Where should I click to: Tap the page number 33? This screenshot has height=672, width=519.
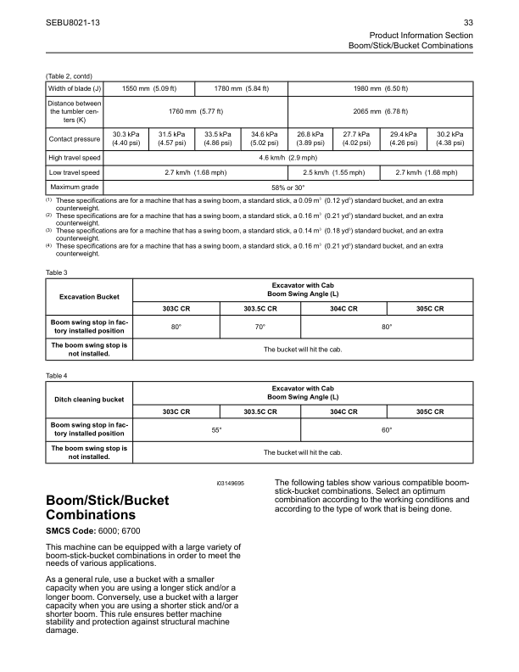(x=468, y=20)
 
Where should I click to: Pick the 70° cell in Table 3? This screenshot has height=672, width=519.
(x=260, y=327)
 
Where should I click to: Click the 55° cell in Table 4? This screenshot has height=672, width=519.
(x=216, y=430)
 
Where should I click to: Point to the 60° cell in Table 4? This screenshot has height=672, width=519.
(x=386, y=430)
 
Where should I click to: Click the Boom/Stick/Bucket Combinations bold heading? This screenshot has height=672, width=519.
(x=107, y=507)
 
